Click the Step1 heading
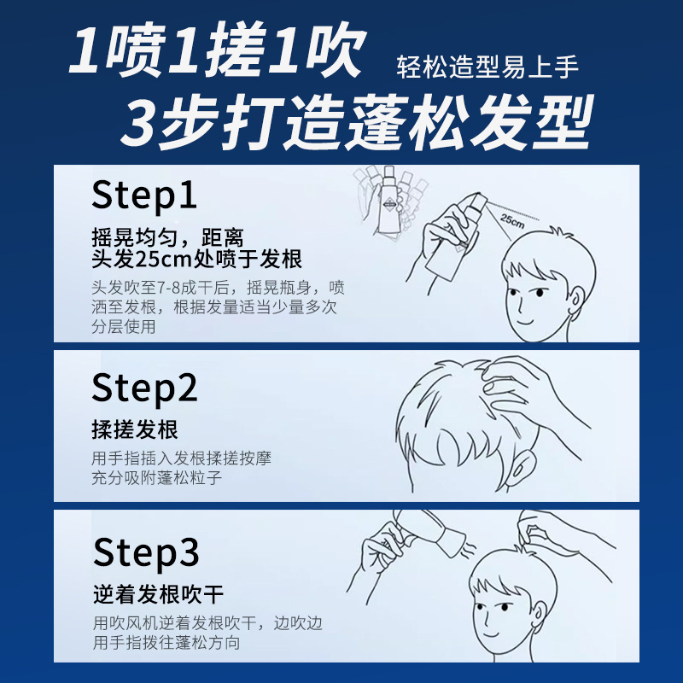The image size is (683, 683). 144,195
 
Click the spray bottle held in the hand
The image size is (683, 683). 453,247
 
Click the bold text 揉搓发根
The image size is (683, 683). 135,429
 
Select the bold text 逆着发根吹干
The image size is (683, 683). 158,593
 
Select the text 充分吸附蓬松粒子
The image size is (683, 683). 157,478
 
